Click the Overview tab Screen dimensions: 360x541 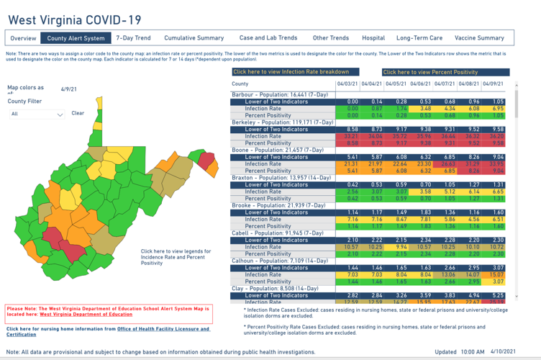click(23, 38)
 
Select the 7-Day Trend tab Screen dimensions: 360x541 click(133, 38)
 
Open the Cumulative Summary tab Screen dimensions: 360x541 click(194, 38)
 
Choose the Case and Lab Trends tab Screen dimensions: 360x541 click(268, 38)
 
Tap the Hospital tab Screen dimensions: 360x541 click(373, 38)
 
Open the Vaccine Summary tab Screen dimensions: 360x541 click(479, 38)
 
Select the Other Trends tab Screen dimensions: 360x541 click(330, 38)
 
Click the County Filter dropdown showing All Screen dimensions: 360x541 click(36, 114)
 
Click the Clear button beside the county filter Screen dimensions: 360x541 click(78, 113)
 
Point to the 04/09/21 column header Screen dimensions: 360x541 click(493, 84)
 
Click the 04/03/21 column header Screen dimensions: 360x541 click(347, 84)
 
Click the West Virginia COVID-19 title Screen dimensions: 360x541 click(75, 19)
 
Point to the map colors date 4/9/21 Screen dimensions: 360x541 click(69, 89)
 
